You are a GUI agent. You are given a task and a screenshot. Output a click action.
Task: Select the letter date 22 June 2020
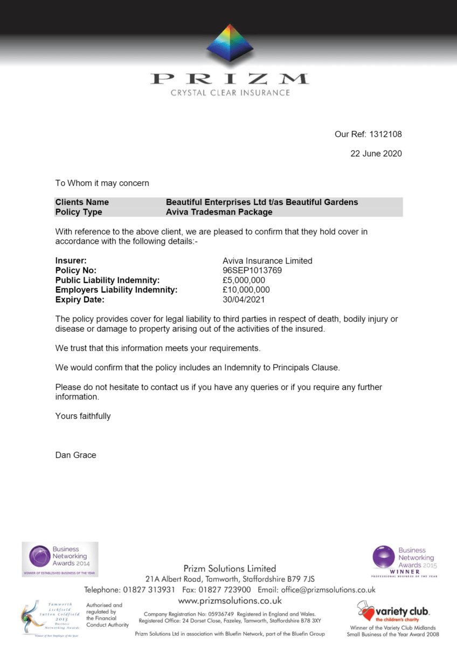[376, 154]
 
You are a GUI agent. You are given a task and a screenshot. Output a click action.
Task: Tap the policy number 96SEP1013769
[252, 271]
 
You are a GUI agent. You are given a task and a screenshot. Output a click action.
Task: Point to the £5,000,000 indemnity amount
[244, 280]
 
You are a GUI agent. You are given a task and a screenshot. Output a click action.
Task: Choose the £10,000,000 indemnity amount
[246, 290]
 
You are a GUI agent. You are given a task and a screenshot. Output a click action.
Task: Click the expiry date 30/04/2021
[244, 300]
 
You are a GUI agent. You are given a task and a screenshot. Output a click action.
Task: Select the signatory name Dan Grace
[75, 455]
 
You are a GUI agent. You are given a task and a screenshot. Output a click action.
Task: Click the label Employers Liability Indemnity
[116, 290]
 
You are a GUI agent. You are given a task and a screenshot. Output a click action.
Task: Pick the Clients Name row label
[82, 202]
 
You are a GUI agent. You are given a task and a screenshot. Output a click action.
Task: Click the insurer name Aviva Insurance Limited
[267, 261]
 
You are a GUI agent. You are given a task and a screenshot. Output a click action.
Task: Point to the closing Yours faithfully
[83, 416]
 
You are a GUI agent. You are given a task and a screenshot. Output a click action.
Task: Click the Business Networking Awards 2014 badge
[60, 559]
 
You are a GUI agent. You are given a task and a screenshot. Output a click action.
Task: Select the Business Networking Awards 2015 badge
[404, 561]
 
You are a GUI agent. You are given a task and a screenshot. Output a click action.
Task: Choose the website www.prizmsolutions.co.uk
[230, 600]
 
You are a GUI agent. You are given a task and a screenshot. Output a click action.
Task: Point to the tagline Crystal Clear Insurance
[230, 93]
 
